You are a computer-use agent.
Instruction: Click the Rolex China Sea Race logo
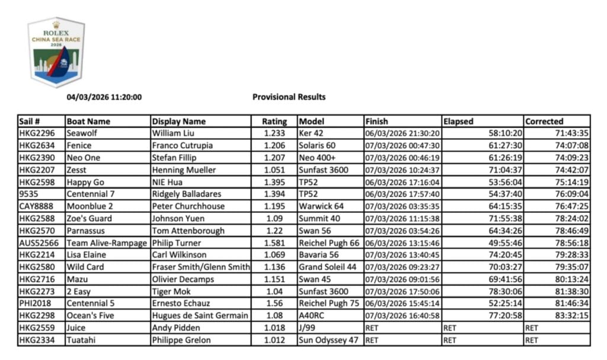pos(56,52)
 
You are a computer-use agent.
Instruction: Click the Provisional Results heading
pos(289,97)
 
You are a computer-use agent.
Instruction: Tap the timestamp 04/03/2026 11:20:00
pos(104,97)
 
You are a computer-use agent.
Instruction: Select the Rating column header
pos(274,121)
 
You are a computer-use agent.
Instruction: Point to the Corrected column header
pos(544,121)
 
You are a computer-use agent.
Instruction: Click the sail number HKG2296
pos(37,133)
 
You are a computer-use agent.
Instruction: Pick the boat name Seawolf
pos(84,133)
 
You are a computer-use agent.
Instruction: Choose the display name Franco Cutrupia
pos(183,145)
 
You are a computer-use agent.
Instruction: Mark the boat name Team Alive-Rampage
pos(107,243)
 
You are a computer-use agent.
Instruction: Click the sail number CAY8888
pos(37,206)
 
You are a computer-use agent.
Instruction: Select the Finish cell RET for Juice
pos(372,328)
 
